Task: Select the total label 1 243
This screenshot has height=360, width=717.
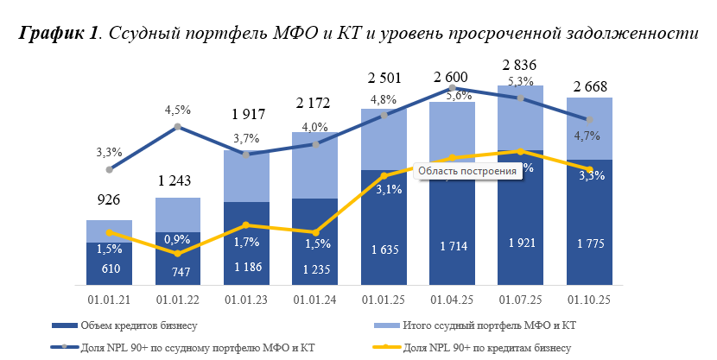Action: [x=177, y=180]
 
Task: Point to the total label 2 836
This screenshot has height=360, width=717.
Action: [x=521, y=66]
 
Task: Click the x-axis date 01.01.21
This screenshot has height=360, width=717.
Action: [x=109, y=300]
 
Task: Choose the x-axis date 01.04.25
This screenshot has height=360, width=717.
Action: [x=452, y=300]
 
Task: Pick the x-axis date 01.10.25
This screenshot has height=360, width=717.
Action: [x=590, y=300]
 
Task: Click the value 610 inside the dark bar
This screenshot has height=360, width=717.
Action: [x=109, y=269]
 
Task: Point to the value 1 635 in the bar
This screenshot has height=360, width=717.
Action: [x=384, y=249]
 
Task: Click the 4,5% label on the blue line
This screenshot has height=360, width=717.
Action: [x=177, y=111]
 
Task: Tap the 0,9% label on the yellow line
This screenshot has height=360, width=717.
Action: [x=177, y=238]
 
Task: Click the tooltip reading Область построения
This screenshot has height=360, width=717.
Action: [x=466, y=171]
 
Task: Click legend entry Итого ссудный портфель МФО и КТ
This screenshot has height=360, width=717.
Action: [x=489, y=325]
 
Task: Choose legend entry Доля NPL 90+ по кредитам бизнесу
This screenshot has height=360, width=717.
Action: [x=487, y=347]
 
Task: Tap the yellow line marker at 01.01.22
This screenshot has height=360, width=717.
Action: [x=177, y=254]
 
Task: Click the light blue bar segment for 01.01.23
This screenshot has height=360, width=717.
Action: [x=246, y=177]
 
